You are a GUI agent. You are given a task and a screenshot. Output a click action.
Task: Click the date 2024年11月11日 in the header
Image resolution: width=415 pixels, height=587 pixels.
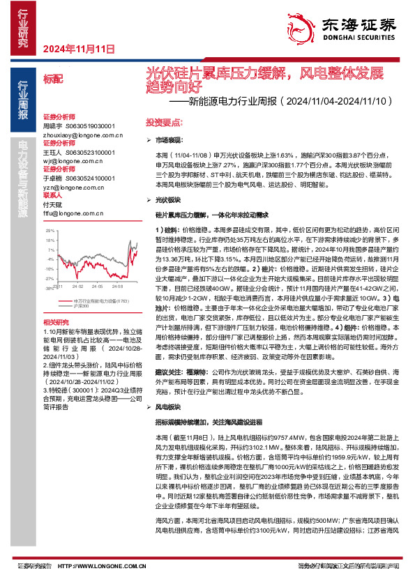(x=78, y=49)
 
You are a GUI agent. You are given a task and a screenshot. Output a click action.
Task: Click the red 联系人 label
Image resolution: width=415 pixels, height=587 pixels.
(x=53, y=196)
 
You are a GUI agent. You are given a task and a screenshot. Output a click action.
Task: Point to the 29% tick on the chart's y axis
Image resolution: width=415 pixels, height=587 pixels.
(x=50, y=229)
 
